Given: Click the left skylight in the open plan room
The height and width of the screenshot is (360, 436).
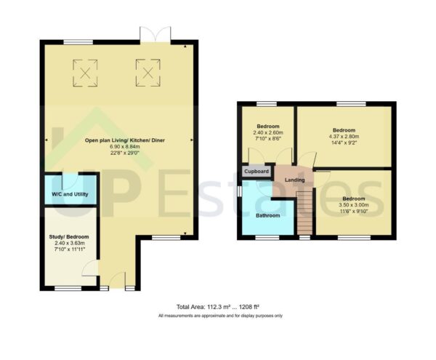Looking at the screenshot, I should (x=86, y=71).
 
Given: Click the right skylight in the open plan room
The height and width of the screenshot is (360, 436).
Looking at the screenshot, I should (x=147, y=71).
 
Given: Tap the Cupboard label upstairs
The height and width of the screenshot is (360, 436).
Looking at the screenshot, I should (x=257, y=172).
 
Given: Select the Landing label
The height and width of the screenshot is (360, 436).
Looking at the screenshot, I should (x=294, y=180).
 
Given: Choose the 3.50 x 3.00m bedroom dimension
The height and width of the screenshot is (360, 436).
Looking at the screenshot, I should (x=355, y=205).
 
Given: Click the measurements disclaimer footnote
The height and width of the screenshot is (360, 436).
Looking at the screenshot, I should (x=220, y=316).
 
